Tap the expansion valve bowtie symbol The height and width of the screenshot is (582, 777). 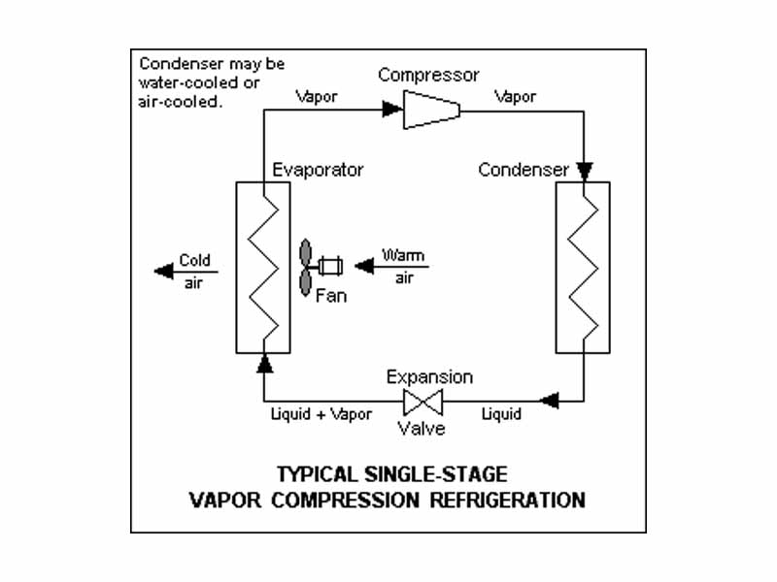(x=423, y=400)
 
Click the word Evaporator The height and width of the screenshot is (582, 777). (x=318, y=170)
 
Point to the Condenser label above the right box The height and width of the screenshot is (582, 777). (x=524, y=170)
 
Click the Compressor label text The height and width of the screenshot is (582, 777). (x=428, y=75)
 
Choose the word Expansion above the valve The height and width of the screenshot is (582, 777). (x=429, y=376)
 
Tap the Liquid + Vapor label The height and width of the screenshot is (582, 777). (x=321, y=414)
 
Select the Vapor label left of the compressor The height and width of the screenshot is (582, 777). (x=318, y=96)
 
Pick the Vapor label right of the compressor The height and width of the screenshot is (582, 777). (x=516, y=96)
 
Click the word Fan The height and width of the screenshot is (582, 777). (x=330, y=295)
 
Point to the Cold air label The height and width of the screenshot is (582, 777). (x=194, y=272)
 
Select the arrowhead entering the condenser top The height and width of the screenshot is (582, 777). (x=583, y=172)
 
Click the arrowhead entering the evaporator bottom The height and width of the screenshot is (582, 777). (x=264, y=364)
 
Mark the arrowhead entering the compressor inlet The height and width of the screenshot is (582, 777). (x=391, y=110)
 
